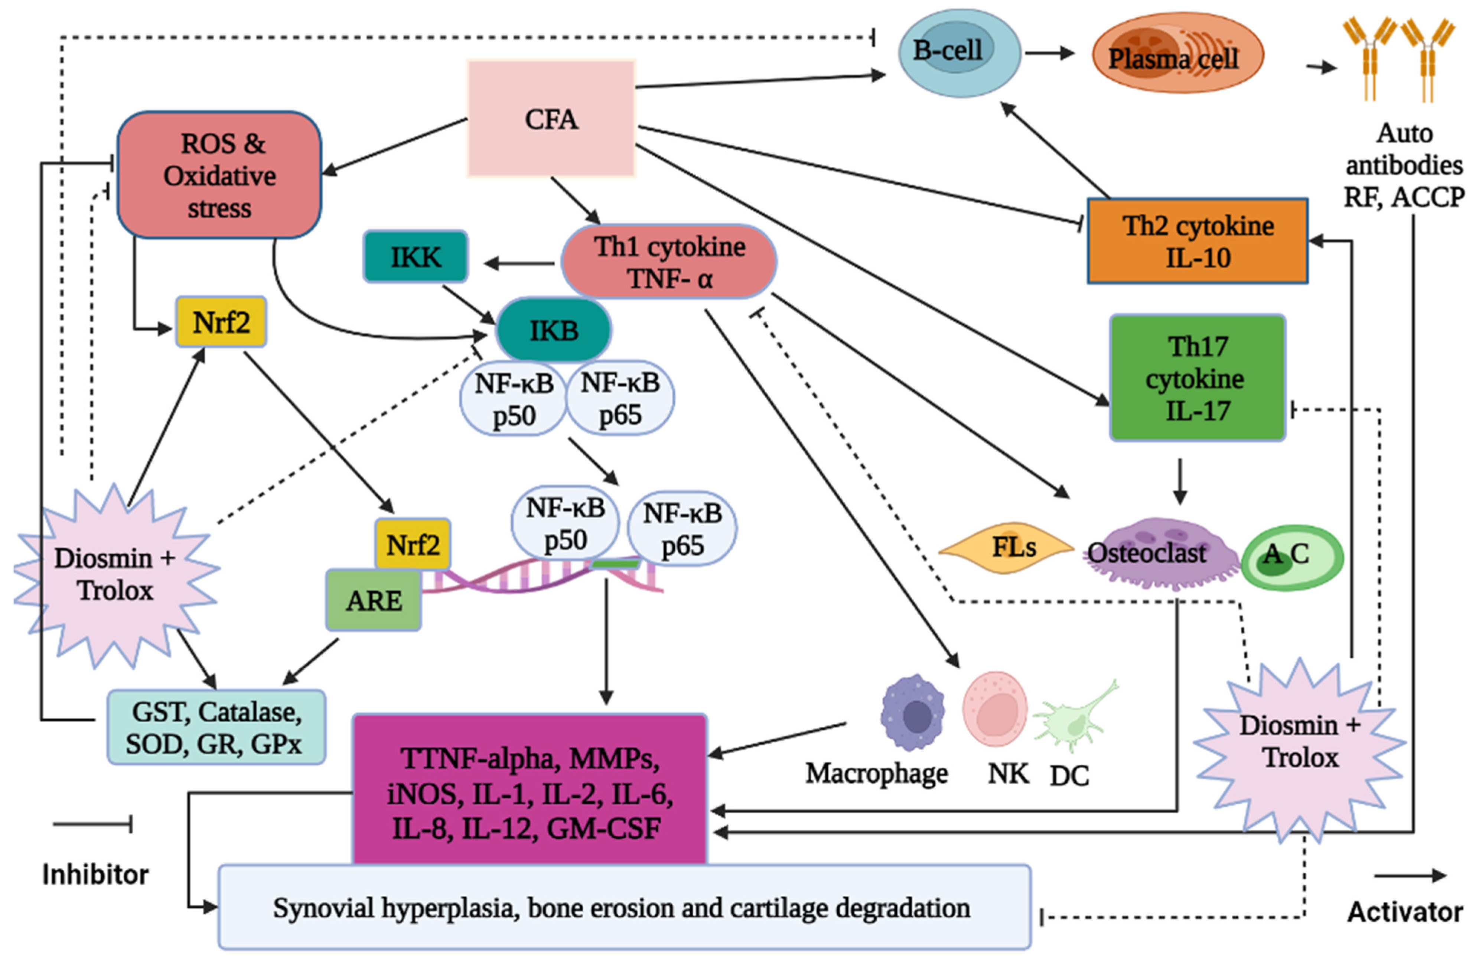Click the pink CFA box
551,118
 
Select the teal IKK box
415,257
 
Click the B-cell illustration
959,53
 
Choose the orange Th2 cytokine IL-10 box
1198,241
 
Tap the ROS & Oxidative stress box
219,175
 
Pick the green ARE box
374,600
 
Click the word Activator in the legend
1404,911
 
